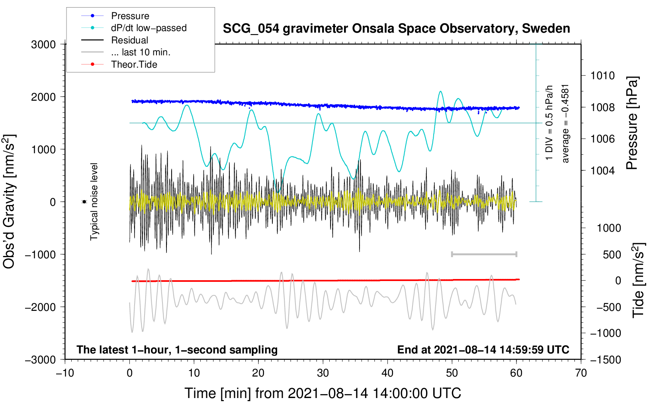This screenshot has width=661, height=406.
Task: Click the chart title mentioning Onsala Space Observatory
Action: click(x=396, y=29)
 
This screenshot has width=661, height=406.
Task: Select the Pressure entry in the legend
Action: click(x=130, y=16)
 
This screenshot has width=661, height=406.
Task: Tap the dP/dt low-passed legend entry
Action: click(x=149, y=28)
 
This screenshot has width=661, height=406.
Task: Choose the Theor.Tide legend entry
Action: click(x=134, y=64)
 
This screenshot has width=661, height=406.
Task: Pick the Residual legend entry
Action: click(x=129, y=40)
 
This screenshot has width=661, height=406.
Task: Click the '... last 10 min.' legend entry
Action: click(x=141, y=52)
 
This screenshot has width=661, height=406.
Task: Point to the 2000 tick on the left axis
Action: click(x=43, y=97)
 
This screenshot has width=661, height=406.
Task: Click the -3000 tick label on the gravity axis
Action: click(x=41, y=360)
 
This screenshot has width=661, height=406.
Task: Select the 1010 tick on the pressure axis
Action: click(x=602, y=76)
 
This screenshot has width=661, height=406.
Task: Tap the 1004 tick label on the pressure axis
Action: click(x=602, y=170)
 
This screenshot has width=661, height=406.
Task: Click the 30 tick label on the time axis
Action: click(x=323, y=373)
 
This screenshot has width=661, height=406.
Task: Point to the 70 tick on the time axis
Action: click(x=581, y=373)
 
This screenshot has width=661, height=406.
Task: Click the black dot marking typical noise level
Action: click(x=84, y=202)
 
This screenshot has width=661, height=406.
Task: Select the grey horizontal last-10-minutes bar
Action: click(x=484, y=254)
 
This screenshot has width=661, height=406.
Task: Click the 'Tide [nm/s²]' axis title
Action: click(x=639, y=280)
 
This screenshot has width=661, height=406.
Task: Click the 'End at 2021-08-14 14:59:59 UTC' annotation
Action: click(x=483, y=349)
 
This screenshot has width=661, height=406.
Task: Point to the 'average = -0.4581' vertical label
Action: click(x=565, y=124)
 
